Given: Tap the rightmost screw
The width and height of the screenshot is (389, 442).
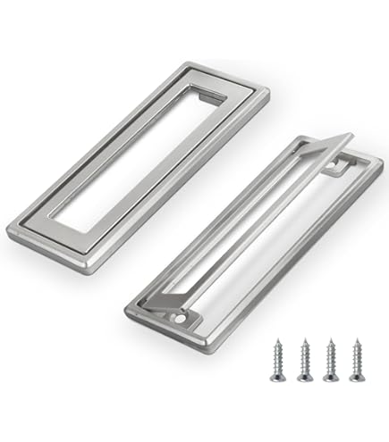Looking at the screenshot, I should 356,360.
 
